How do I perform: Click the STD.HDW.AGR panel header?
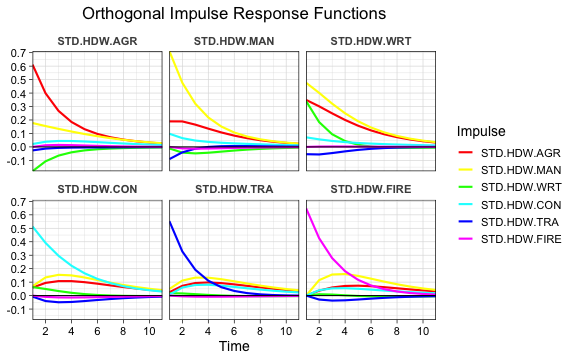click(97, 41)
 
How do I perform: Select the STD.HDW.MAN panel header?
click(234, 41)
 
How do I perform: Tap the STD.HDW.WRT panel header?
click(371, 41)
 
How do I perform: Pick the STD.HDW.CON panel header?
click(97, 188)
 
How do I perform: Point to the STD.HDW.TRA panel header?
click(234, 188)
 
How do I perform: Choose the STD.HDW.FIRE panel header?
click(371, 188)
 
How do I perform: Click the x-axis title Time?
click(234, 346)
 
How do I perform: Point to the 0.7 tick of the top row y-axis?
click(19, 53)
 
